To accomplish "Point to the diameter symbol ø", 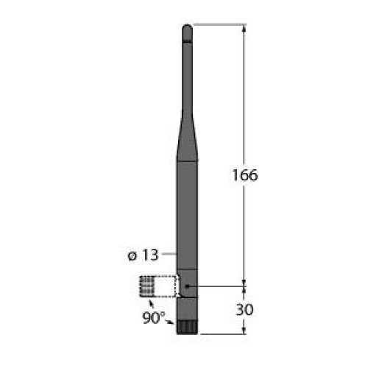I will [132, 255].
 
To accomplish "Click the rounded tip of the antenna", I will [188, 29].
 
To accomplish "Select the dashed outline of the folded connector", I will [159, 286].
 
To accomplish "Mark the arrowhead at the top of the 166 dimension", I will [244, 28].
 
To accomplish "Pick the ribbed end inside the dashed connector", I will [145, 286].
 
